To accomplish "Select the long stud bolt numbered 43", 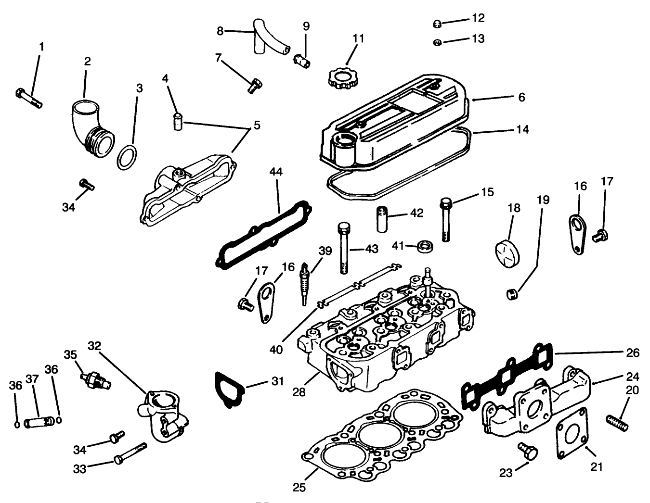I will pos(344,248).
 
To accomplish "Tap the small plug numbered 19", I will pos(512,293).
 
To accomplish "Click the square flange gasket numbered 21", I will pos(572,430).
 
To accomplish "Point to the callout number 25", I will pos(299,487).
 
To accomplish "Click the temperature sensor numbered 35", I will pos(96,378).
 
